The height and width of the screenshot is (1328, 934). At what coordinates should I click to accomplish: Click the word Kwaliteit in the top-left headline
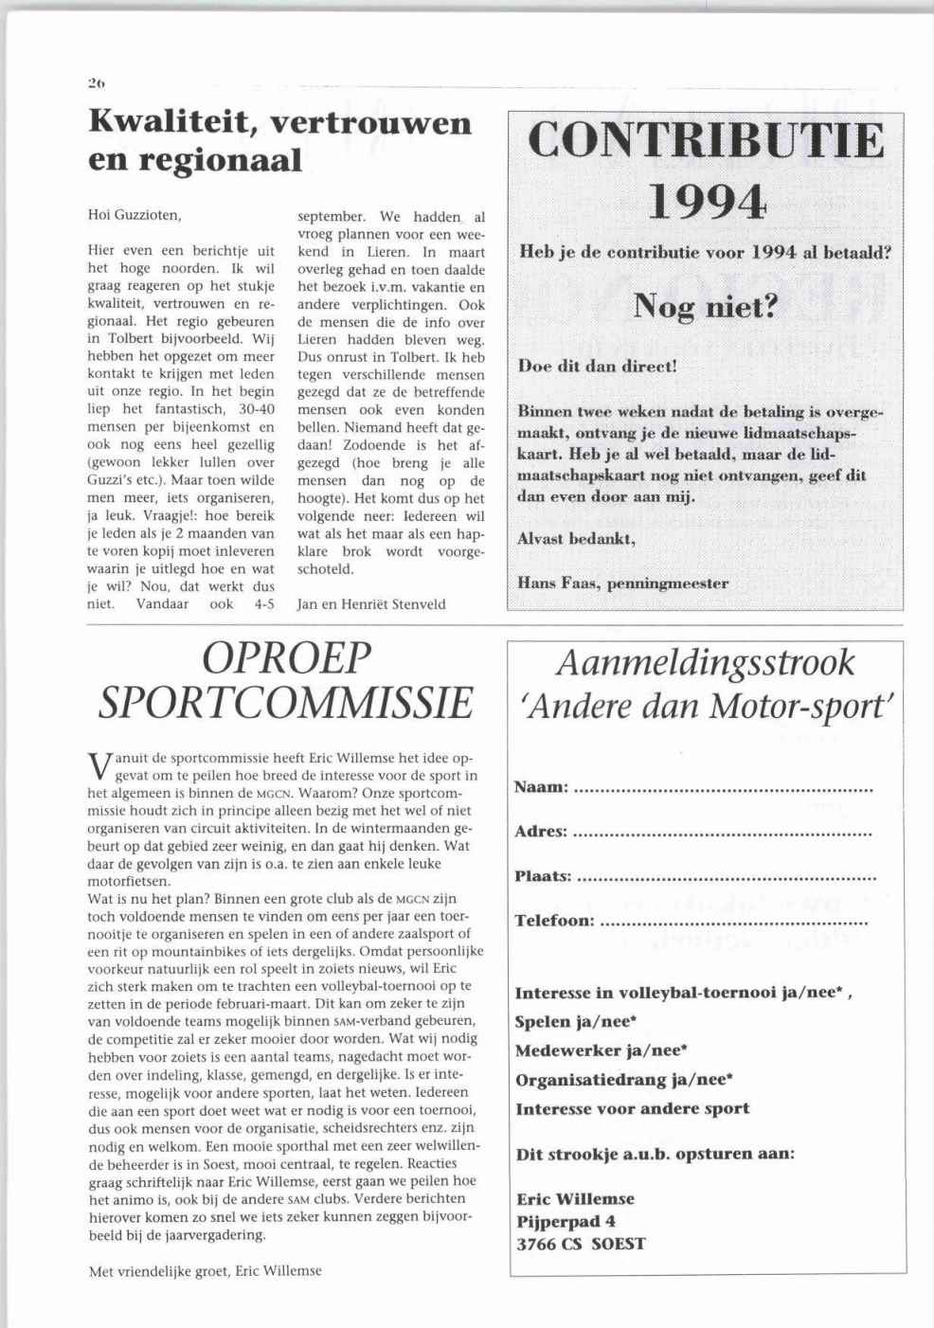pyautogui.click(x=173, y=123)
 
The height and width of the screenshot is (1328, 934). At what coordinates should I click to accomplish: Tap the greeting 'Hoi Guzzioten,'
pyautogui.click(x=135, y=215)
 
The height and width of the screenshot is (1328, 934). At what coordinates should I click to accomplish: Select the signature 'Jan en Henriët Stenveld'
pyautogui.click(x=371, y=603)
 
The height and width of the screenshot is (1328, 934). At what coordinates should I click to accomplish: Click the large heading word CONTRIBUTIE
pyautogui.click(x=706, y=141)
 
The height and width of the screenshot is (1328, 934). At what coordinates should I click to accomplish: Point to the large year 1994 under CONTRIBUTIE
pyautogui.click(x=707, y=202)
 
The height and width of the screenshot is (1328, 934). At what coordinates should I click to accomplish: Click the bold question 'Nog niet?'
pyautogui.click(x=705, y=306)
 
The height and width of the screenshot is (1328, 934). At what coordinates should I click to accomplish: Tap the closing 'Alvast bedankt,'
pyautogui.click(x=576, y=538)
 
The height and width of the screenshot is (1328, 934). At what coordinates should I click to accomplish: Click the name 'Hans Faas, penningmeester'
pyautogui.click(x=622, y=583)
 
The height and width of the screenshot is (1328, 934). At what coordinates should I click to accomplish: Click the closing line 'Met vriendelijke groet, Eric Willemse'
pyautogui.click(x=205, y=1270)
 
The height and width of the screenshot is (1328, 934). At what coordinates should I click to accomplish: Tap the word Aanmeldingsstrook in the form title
pyautogui.click(x=706, y=663)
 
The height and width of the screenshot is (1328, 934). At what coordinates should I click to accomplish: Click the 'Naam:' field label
pyautogui.click(x=542, y=788)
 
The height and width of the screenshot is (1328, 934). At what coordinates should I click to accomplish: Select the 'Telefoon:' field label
pyautogui.click(x=555, y=920)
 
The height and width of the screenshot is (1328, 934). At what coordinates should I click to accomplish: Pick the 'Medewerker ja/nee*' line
pyautogui.click(x=601, y=1050)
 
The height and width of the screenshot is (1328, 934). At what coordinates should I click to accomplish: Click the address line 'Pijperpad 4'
pyautogui.click(x=566, y=1221)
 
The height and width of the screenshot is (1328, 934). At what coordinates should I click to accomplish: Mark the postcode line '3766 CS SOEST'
pyautogui.click(x=581, y=1244)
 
